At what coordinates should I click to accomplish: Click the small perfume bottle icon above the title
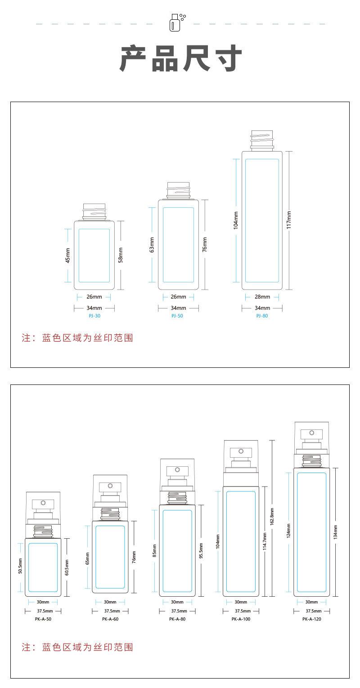(175, 22)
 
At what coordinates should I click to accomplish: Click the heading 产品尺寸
(180, 58)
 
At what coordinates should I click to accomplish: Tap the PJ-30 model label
(94, 316)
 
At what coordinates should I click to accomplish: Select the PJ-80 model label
(262, 316)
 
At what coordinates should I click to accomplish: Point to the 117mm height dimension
(289, 220)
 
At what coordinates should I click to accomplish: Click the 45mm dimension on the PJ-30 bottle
(67, 255)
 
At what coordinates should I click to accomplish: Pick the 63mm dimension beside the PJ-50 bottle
(152, 245)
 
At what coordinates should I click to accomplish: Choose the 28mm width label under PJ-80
(262, 297)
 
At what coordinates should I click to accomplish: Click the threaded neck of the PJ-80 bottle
(262, 140)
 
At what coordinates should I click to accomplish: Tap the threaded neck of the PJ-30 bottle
(94, 211)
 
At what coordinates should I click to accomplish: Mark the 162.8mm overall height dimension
(272, 518)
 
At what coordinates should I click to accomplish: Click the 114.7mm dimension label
(265, 541)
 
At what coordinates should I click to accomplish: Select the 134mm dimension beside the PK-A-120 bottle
(335, 532)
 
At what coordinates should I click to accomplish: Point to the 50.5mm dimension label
(20, 567)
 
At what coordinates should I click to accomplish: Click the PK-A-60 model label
(110, 619)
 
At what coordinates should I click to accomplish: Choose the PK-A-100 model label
(241, 619)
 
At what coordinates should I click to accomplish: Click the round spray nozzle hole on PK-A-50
(44, 503)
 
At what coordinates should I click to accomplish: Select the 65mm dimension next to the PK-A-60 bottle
(87, 558)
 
